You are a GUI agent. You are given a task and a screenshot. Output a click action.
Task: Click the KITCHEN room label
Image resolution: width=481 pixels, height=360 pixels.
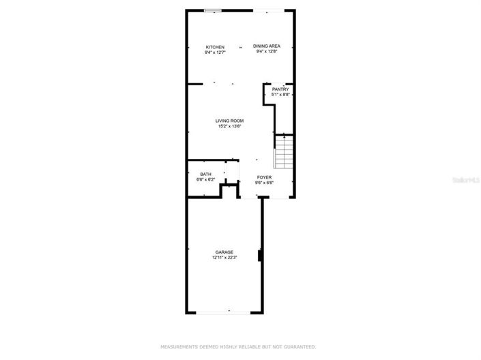[215, 47]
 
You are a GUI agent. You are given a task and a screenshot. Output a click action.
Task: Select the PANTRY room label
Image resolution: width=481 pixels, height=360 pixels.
[280, 89]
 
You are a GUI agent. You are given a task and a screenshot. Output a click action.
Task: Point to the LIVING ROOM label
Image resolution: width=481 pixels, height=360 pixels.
[230, 121]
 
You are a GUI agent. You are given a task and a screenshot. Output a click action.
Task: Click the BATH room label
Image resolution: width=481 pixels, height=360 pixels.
[205, 174]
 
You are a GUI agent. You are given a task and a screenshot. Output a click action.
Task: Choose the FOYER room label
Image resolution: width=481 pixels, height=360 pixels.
[264, 177]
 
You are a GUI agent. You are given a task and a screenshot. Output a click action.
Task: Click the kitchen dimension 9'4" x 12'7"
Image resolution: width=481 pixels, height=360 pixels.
[215, 52]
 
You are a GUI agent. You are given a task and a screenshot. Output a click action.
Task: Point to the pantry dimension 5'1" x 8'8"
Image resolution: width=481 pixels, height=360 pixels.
[280, 95]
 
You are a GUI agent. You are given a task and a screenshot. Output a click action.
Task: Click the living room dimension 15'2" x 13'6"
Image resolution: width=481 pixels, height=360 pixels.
[230, 126]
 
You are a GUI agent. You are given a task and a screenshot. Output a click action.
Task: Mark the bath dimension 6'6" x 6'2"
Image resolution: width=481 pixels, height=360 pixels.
[205, 179]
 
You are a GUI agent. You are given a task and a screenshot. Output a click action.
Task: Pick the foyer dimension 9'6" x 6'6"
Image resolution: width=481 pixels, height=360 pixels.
[264, 183]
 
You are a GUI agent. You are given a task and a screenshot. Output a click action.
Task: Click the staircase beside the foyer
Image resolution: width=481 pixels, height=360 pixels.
[283, 151]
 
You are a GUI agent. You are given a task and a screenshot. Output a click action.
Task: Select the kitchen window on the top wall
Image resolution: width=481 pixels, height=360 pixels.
[212, 10]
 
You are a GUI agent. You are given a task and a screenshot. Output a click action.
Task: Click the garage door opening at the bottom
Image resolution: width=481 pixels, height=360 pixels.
[224, 312]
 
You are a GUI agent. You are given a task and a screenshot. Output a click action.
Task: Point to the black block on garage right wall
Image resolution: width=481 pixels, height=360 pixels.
[259, 256]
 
